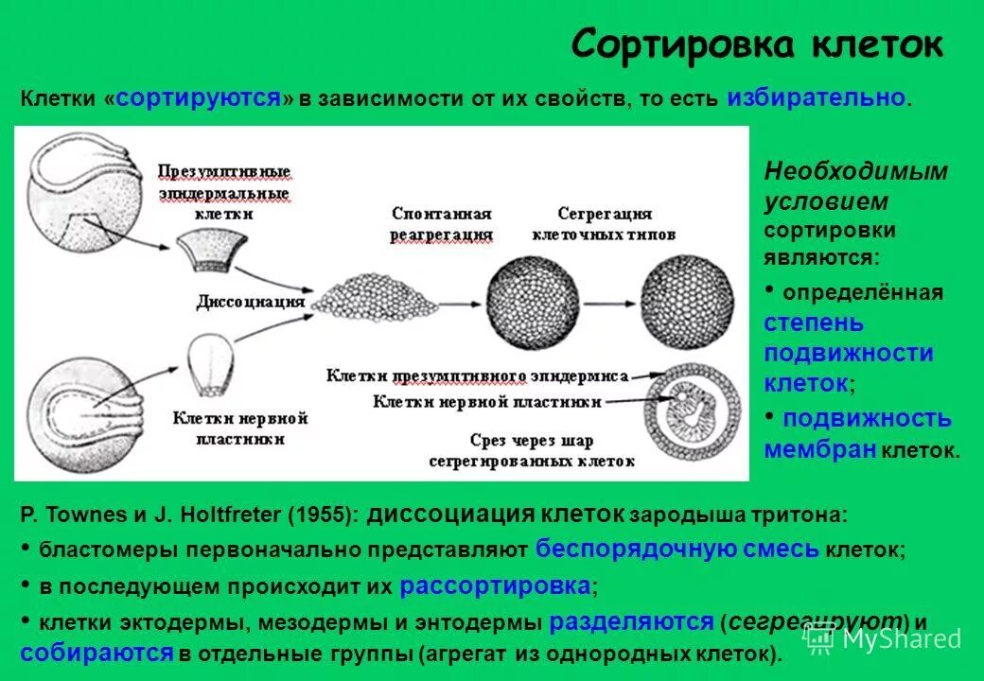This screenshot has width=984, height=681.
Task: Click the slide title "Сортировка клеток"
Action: click(757, 44)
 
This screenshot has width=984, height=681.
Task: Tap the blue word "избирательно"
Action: click(817, 97)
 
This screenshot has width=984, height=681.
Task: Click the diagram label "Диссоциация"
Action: click(251, 302)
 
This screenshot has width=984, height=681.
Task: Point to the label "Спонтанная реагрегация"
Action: click(442, 224)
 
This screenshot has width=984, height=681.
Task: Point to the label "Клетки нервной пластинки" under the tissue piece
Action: click(240, 428)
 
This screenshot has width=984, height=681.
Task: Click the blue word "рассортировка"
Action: click(495, 585)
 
